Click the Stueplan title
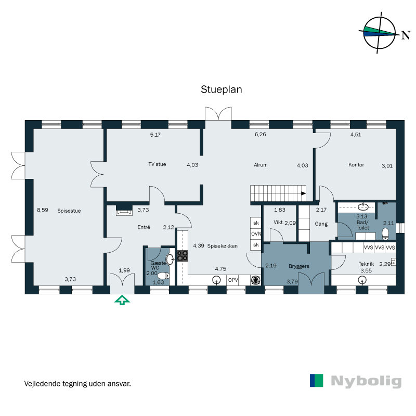point(222,89)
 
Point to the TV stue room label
point(157,164)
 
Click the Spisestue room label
point(69,211)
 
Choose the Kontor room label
point(356,165)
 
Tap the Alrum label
point(261,165)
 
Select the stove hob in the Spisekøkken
point(183,255)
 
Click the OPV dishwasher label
point(233,280)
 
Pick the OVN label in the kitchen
point(256,233)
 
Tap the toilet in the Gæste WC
point(162,276)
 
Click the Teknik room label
point(366,264)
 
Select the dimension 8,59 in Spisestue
point(42,210)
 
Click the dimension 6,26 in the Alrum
point(260,135)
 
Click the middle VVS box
point(380,248)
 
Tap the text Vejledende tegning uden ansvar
point(77,384)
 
